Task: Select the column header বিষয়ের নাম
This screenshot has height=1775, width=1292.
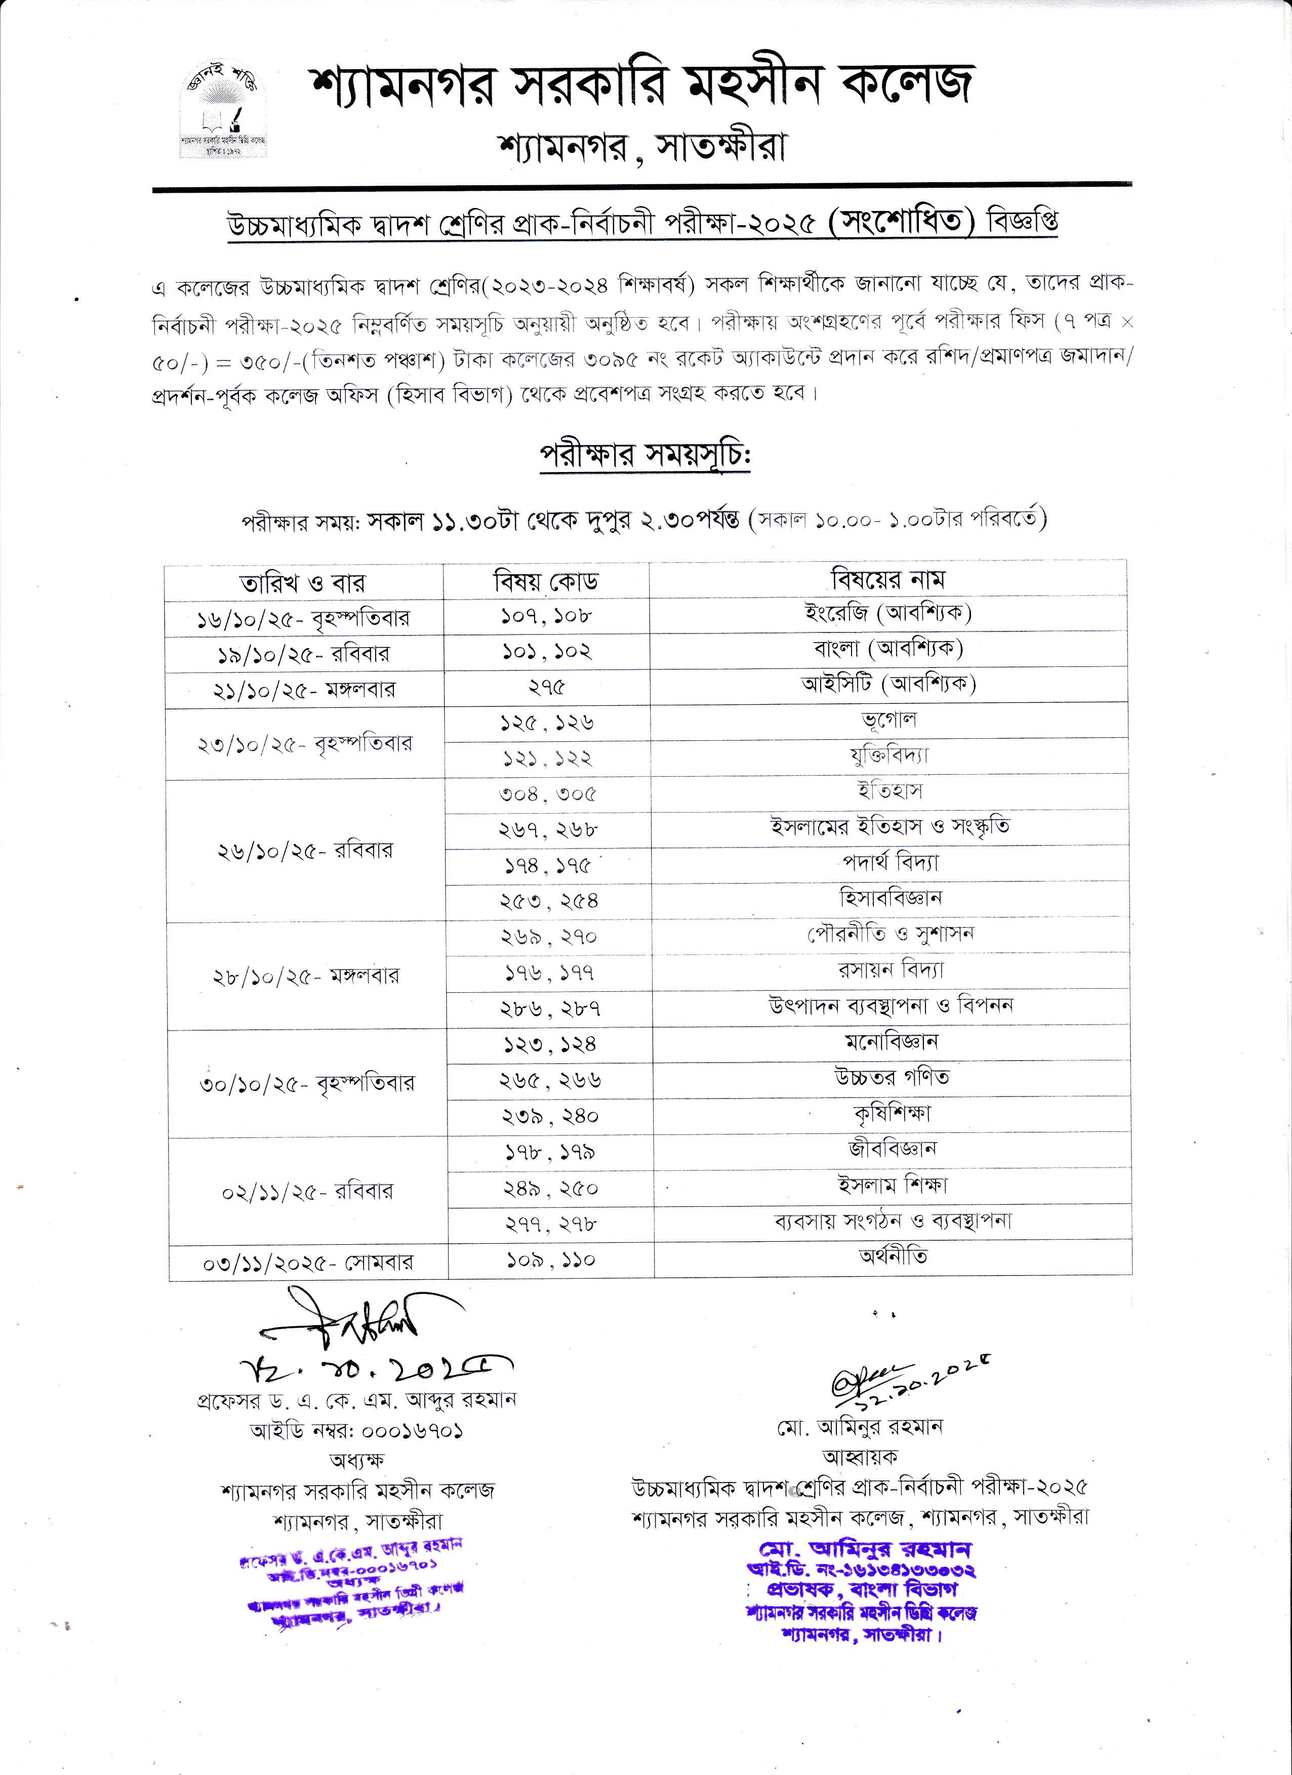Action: pos(888,580)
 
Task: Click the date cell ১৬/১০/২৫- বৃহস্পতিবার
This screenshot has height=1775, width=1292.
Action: pos(303,619)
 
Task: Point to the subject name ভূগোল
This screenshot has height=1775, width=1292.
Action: pos(889,720)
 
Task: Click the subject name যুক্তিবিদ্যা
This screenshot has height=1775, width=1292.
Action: pos(889,756)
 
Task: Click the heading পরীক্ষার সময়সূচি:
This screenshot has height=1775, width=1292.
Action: pos(645,455)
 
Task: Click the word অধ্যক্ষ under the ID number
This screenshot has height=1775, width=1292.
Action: pos(357,1460)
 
